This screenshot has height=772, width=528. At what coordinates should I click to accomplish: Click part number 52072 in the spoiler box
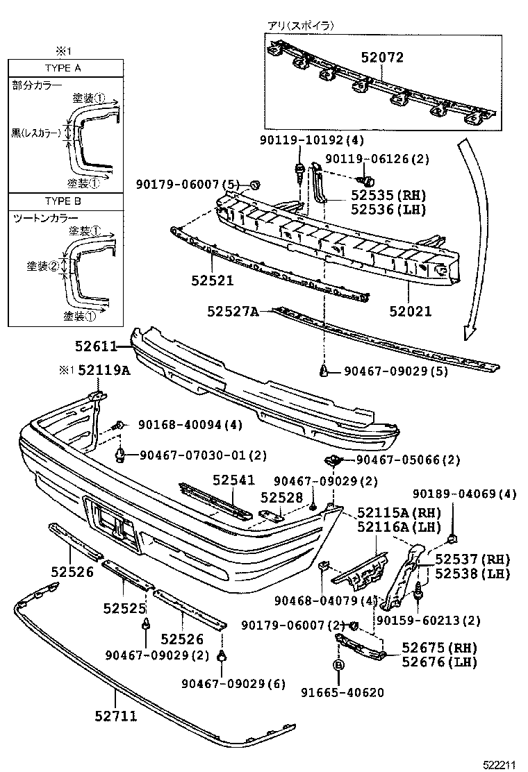(381, 58)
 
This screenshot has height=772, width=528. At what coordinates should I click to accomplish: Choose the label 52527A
(232, 312)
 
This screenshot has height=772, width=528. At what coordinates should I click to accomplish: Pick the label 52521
(213, 281)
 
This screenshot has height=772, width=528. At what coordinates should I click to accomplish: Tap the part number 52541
(234, 480)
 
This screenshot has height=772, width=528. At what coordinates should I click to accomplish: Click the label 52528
(282, 498)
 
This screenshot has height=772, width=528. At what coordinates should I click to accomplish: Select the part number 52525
(124, 609)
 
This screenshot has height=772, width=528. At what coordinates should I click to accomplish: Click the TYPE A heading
(63, 68)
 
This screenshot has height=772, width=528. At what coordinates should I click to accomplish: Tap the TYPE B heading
(63, 201)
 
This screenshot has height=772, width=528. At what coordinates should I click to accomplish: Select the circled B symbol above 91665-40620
(339, 665)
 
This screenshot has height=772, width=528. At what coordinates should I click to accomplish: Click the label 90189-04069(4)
(464, 494)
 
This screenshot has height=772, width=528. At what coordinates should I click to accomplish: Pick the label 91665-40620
(342, 692)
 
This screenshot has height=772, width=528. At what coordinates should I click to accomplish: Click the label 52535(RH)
(388, 196)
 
